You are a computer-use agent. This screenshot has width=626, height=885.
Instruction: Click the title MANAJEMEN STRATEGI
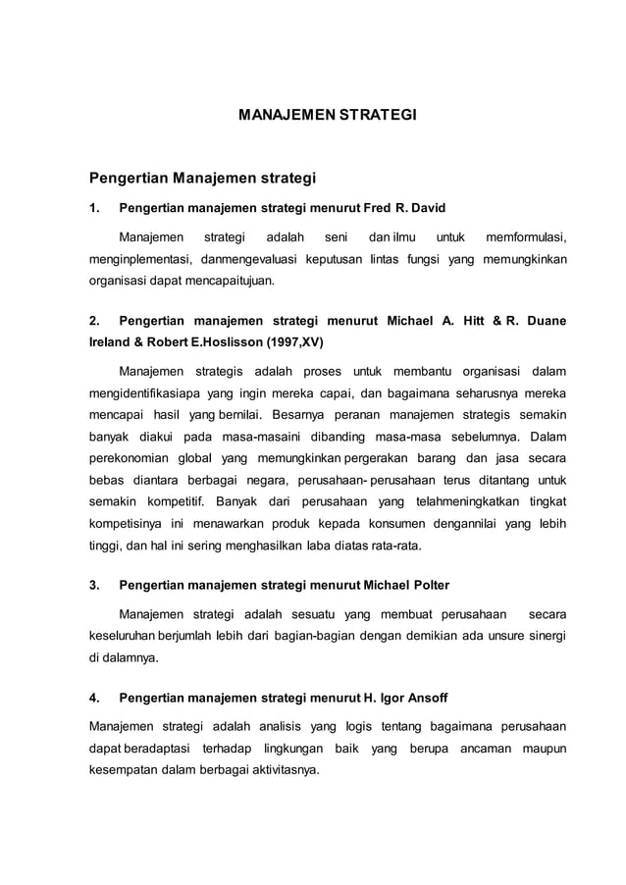tap(328, 116)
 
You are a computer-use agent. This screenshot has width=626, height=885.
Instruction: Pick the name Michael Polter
tap(406, 586)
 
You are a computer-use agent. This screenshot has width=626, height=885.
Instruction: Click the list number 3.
tap(94, 586)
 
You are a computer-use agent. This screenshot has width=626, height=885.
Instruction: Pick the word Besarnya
tap(280, 416)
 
